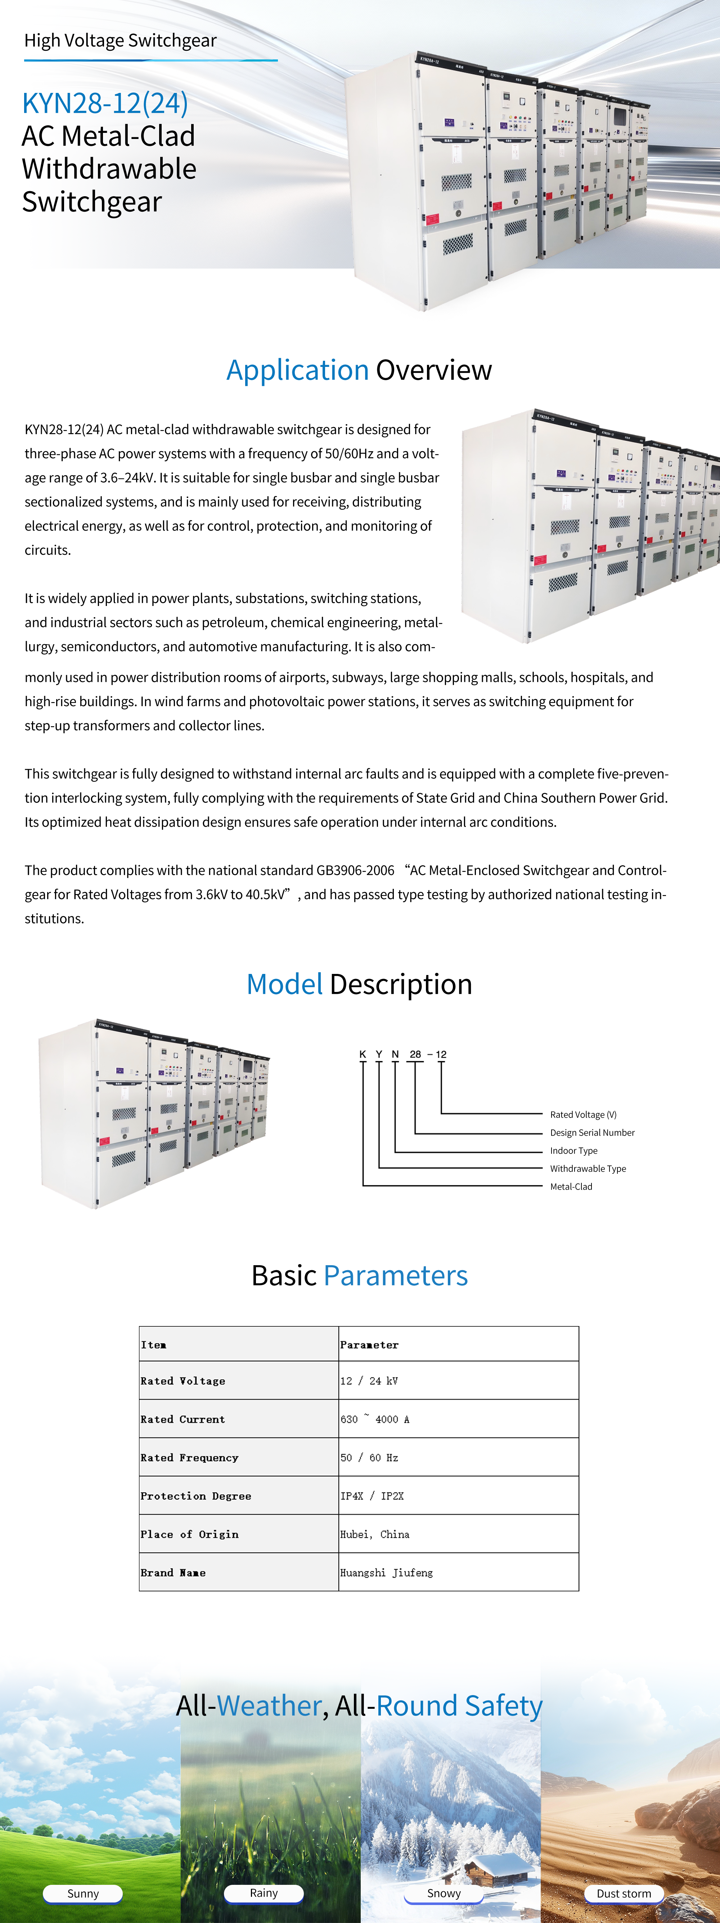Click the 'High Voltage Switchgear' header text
(120, 40)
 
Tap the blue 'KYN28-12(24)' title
(104, 103)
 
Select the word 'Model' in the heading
(284, 985)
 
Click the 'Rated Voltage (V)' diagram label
(583, 1115)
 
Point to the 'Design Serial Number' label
(592, 1132)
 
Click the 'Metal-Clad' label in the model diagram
(571, 1186)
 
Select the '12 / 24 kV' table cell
(369, 1381)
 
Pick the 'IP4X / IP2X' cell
(372, 1496)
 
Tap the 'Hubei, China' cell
(374, 1534)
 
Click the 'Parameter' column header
(369, 1344)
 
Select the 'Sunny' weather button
(83, 1893)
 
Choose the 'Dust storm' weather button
(624, 1893)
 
